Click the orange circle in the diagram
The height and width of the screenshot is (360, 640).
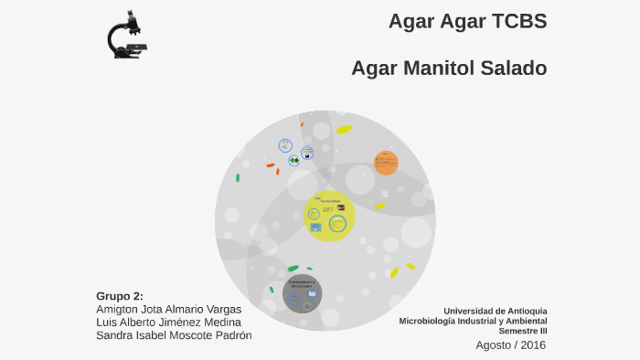(x=386, y=163)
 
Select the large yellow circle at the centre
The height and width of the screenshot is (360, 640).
(x=329, y=216)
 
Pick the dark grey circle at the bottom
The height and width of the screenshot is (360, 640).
(x=302, y=293)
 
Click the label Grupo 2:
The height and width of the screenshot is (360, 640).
(x=120, y=296)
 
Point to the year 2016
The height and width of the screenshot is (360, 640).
(x=533, y=345)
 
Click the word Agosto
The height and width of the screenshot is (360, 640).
(x=494, y=345)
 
